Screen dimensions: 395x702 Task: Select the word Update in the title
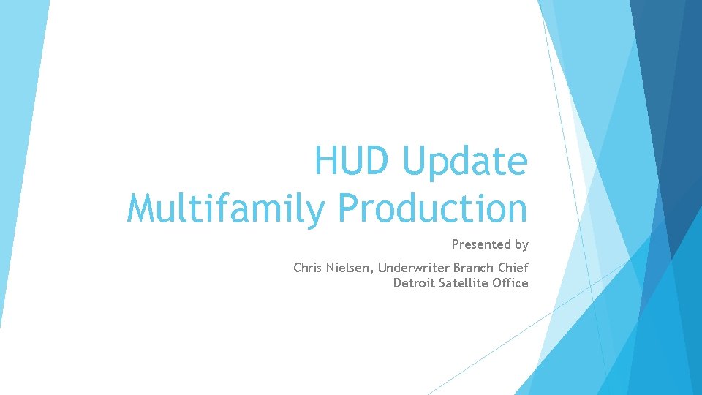point(465,162)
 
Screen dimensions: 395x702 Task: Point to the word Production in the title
point(433,208)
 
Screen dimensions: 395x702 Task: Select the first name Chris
point(308,268)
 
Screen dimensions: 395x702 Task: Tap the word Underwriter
point(413,268)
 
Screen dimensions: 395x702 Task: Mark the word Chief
point(513,268)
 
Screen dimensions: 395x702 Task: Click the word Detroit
point(414,283)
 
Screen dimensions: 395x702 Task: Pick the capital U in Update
point(415,161)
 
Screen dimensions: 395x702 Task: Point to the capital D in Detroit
point(398,283)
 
